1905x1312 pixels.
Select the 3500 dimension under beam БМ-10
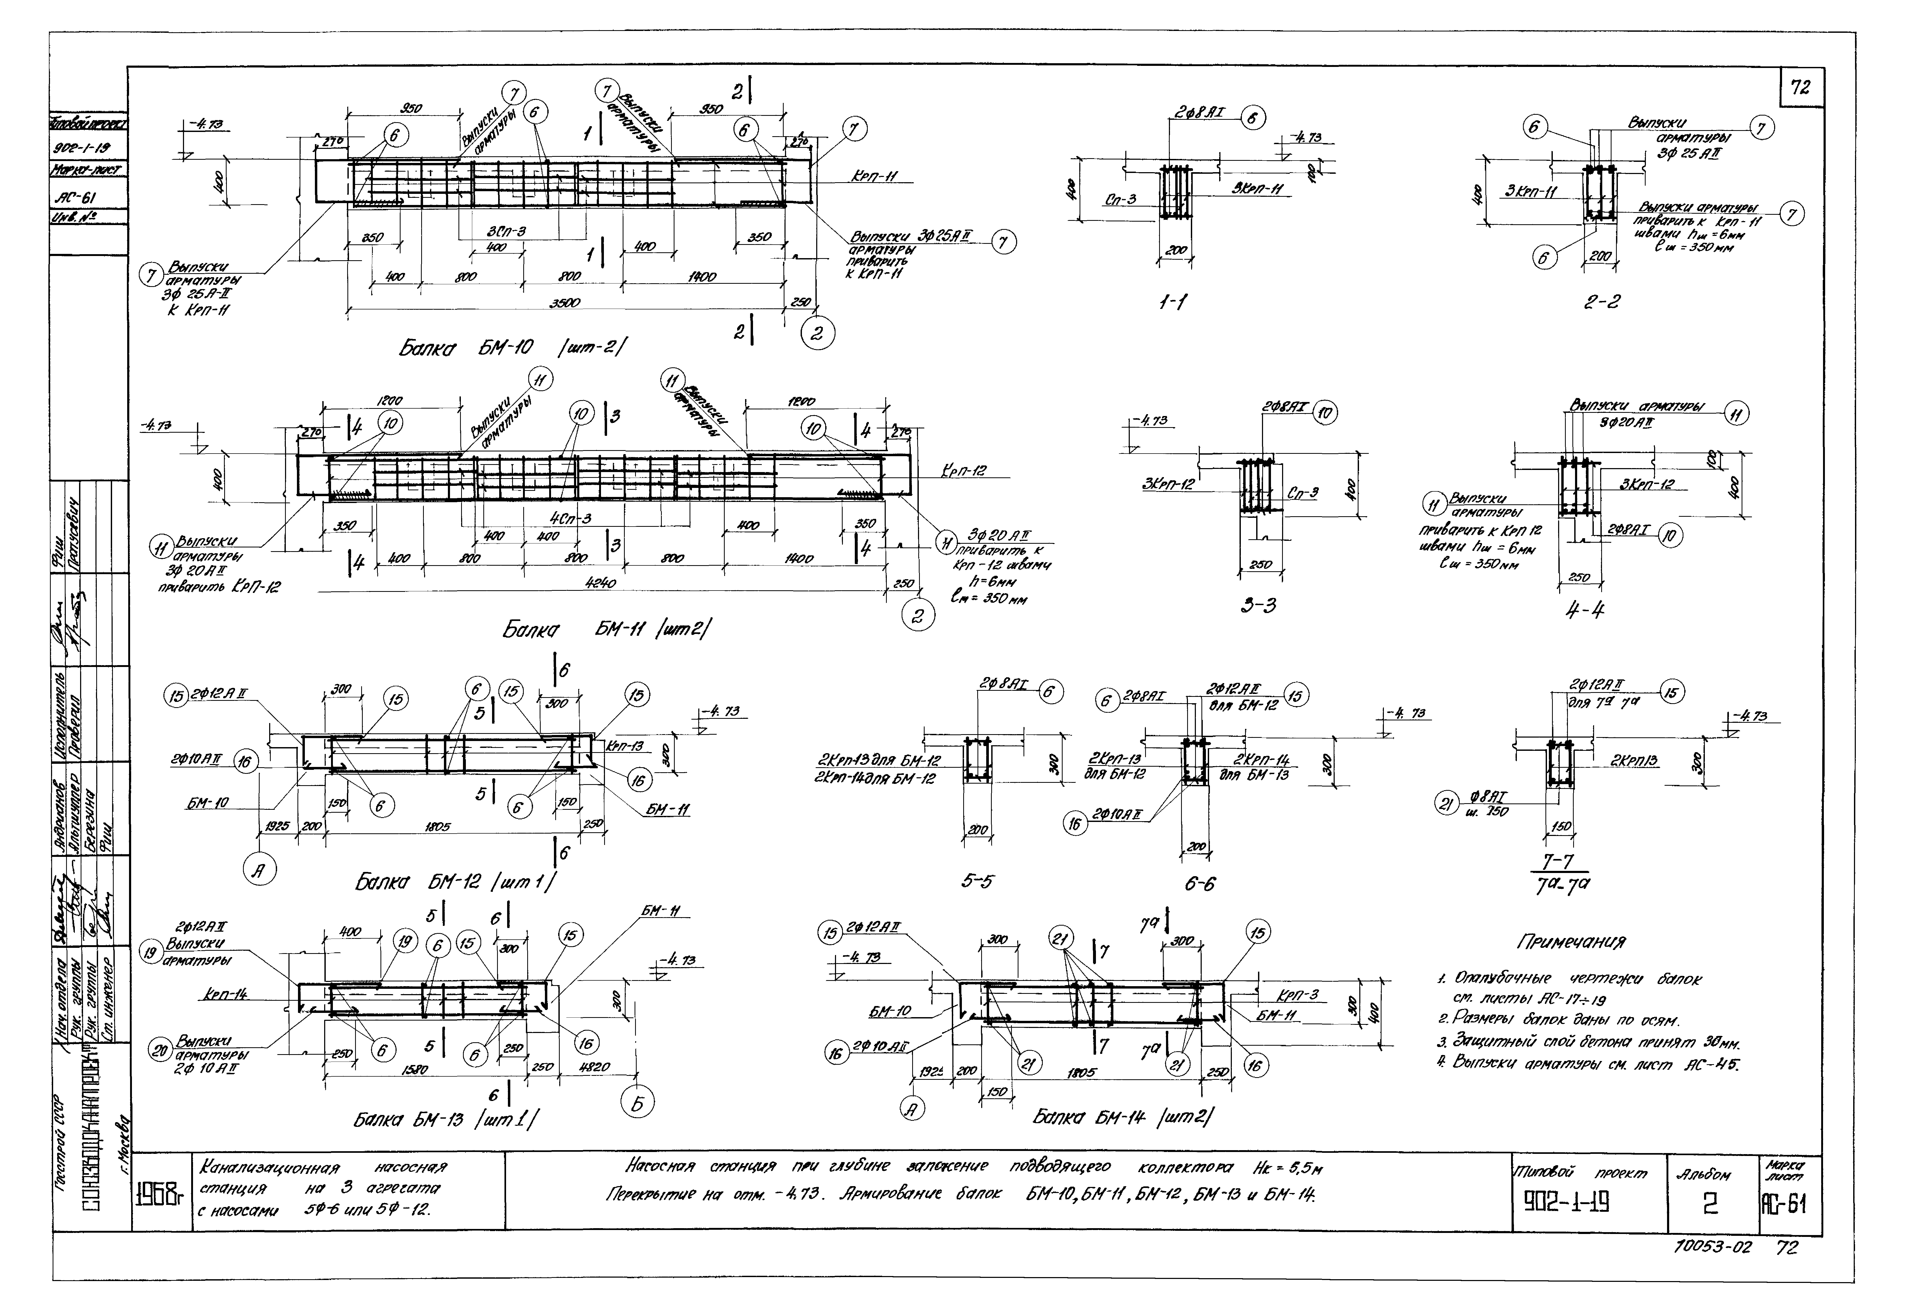pos(564,303)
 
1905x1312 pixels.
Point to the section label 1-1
pos(1172,303)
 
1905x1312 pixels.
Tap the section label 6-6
pos(1200,884)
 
